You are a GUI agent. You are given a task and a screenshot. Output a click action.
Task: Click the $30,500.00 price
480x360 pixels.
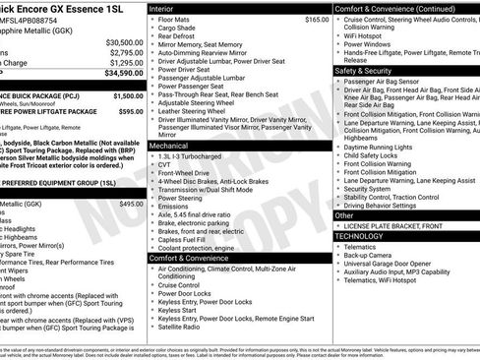coord(124,43)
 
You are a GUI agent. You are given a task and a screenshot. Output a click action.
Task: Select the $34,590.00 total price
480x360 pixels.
coord(124,73)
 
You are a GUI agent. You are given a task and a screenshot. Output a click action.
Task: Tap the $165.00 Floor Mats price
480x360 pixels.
coord(317,19)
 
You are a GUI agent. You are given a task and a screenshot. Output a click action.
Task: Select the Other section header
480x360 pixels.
coord(344,214)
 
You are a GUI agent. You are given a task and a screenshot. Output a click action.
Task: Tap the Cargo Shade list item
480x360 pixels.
coord(181,28)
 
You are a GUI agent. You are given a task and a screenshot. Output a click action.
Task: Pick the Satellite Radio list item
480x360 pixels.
coord(183,328)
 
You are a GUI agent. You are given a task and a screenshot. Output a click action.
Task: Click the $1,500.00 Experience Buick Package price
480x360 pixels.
coord(128,96)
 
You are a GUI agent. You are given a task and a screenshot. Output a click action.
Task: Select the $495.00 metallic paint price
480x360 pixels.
coord(131,204)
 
